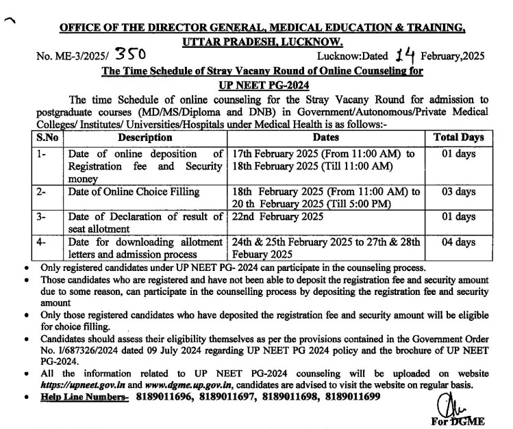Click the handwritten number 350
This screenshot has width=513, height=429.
pyautogui.click(x=129, y=53)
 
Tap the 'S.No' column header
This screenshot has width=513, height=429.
pyautogui.click(x=49, y=137)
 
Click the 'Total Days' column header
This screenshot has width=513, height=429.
pyautogui.click(x=459, y=137)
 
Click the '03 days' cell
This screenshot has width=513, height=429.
pyautogui.click(x=459, y=192)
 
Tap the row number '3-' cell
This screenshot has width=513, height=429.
pyautogui.click(x=42, y=217)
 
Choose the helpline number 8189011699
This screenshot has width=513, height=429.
pyautogui.click(x=349, y=398)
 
